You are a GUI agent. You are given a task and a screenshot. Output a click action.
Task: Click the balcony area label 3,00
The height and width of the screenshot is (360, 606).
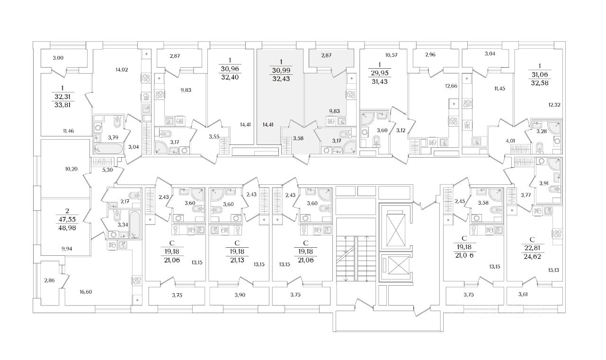click(x=58, y=58)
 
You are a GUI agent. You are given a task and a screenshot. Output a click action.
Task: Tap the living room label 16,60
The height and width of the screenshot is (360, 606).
click(x=86, y=292)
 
